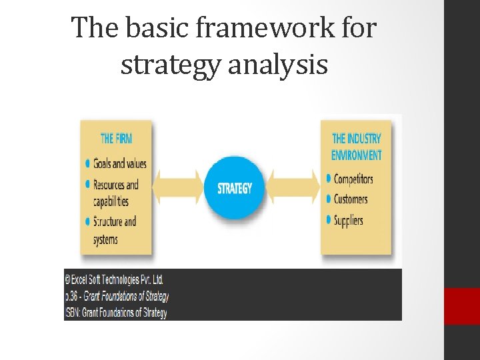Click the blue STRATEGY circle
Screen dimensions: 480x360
tap(235, 187)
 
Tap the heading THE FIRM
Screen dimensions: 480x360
tap(116, 139)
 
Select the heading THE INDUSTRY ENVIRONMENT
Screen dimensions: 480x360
tap(357, 147)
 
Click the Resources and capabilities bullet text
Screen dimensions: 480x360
tap(115, 192)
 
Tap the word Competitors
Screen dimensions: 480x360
tap(353, 179)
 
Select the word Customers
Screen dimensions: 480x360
tap(351, 199)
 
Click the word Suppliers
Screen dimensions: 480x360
tap(348, 219)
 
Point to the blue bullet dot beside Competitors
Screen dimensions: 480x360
tap(328, 179)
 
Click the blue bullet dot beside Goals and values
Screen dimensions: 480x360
tap(89, 163)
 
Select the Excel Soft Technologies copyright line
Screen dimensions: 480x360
tap(114, 279)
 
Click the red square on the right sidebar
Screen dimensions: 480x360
tap(462, 305)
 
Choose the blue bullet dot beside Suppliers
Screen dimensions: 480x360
tap(328, 219)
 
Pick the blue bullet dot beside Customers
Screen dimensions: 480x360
tap(328, 199)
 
